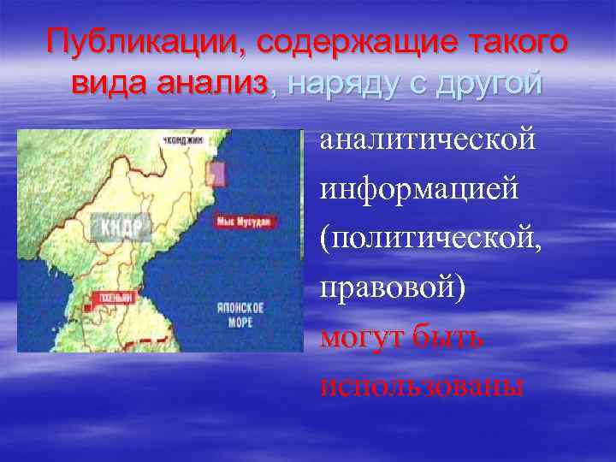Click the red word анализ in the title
click(213, 83)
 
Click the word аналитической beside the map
click(428, 139)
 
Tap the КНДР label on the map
click(119, 228)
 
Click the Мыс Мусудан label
click(246, 221)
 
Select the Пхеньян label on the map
click(119, 295)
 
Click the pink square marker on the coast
click(216, 171)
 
